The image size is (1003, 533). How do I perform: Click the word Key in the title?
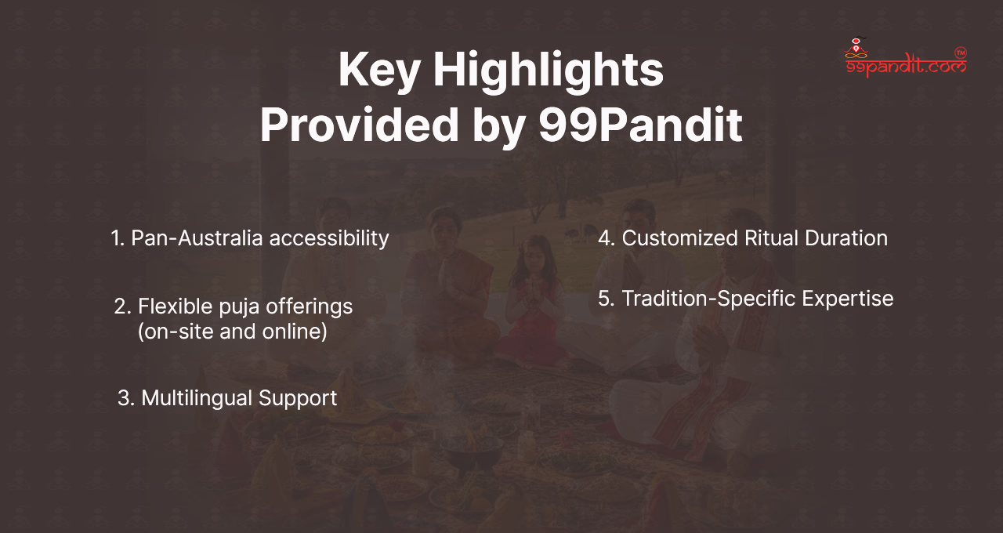pos(379,71)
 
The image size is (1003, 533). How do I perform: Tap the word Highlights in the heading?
pos(549,71)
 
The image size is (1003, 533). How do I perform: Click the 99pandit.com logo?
pos(905,58)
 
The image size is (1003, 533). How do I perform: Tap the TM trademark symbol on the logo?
pos(961,53)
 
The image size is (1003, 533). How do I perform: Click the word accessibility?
pos(329,239)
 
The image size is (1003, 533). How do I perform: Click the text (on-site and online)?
pos(233,332)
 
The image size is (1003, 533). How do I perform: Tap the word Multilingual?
pos(197,398)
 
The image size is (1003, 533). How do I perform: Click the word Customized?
pos(679,237)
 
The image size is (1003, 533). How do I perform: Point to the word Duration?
pos(846,237)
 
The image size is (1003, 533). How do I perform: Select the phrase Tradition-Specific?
pos(709,299)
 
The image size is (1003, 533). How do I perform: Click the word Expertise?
pos(848,299)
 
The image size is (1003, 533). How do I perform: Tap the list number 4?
pos(607,237)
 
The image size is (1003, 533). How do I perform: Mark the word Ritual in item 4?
pos(771,237)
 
